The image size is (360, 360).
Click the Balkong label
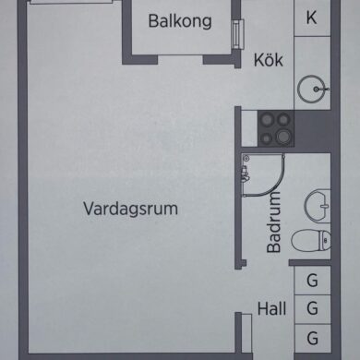(x=180, y=21)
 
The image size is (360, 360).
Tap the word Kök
(x=269, y=60)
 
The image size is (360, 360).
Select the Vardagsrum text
(x=130, y=209)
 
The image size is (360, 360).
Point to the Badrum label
(x=274, y=222)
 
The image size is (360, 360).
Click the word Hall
(x=271, y=308)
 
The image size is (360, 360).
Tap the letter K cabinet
(x=312, y=18)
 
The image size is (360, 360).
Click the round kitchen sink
(x=311, y=89)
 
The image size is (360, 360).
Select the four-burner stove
(x=276, y=128)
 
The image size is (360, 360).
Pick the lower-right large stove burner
(x=283, y=137)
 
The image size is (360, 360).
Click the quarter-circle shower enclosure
(x=262, y=174)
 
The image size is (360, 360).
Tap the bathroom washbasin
(x=318, y=206)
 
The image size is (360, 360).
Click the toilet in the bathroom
(x=311, y=241)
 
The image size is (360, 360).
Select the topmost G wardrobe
(x=313, y=281)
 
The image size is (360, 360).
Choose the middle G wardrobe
(x=313, y=308)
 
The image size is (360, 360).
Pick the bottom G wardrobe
(x=313, y=338)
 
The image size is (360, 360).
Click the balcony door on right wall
(x=237, y=34)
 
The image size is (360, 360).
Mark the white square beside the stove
(x=249, y=128)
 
